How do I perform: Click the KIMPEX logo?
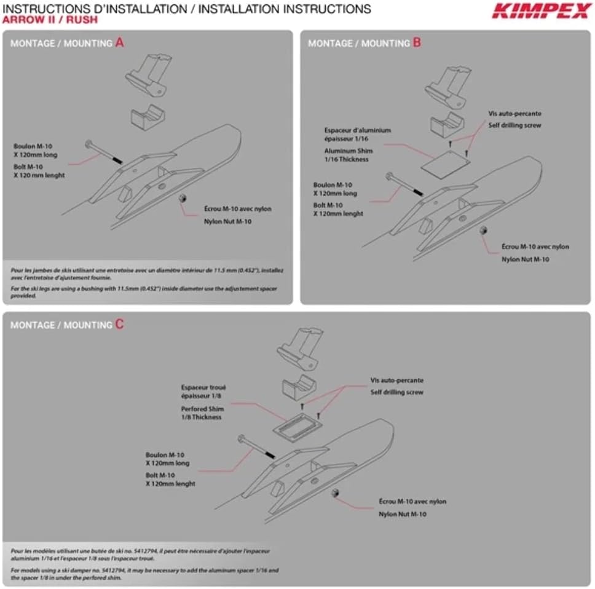click(541, 10)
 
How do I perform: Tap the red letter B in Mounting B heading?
click(417, 42)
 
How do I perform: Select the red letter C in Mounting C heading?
click(119, 324)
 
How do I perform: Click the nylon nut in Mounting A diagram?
click(182, 199)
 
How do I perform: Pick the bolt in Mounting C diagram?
click(256, 447)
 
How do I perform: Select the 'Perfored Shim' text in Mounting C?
click(202, 409)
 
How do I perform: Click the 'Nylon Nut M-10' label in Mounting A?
click(228, 221)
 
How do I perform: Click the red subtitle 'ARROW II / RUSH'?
click(49, 20)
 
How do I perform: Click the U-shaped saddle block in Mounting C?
click(297, 388)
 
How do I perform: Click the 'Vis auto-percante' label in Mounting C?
click(396, 381)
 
